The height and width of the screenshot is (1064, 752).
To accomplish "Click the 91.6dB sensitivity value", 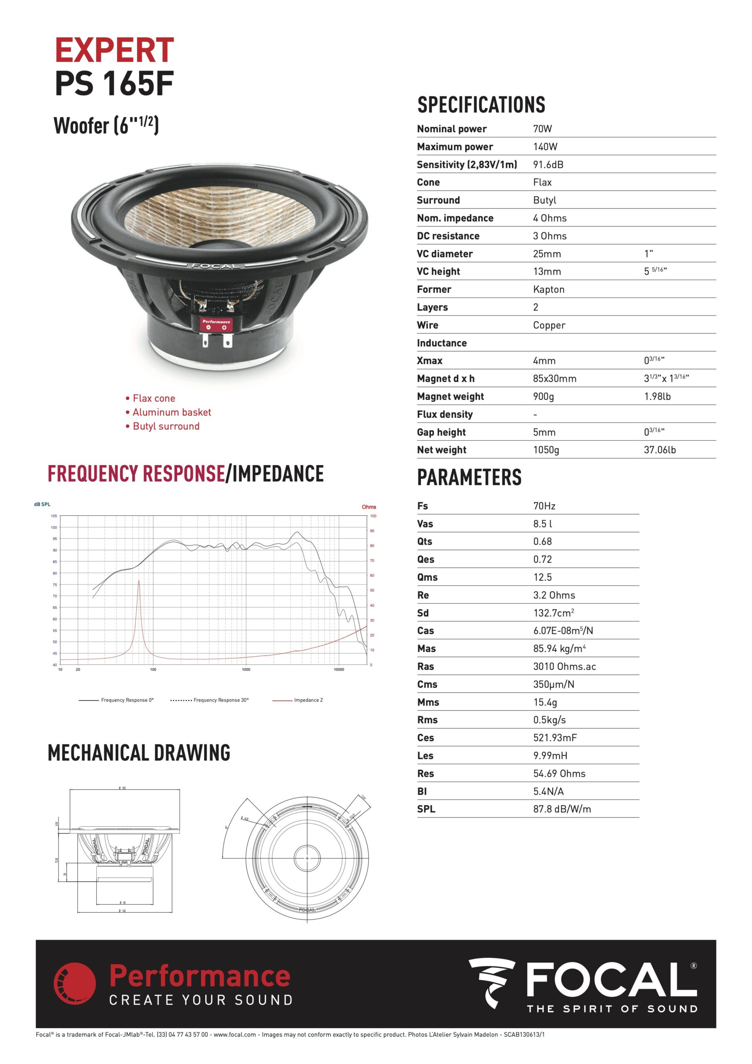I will [x=548, y=165].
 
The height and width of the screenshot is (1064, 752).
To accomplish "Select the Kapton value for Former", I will [x=548, y=289].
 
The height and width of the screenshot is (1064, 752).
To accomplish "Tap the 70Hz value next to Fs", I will [x=544, y=506].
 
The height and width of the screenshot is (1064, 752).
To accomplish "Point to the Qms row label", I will [x=427, y=577].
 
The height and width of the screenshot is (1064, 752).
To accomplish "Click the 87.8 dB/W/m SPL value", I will [x=562, y=809].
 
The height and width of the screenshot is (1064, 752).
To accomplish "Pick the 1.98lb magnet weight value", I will [x=657, y=396].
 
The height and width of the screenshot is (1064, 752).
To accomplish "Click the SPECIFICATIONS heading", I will [x=481, y=105].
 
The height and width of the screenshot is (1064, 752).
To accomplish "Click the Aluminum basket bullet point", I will [x=172, y=412].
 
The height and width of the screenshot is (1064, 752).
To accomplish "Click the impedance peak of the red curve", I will [x=138, y=581].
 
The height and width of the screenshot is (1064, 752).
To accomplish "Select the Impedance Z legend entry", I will [x=308, y=700].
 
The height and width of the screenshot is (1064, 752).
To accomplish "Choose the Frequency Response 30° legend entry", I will [x=221, y=700].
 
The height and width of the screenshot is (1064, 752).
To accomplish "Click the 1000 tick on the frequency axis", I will [x=246, y=670].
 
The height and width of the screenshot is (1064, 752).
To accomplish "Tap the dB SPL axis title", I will [x=42, y=504].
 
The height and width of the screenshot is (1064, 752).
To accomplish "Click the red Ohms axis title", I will [x=369, y=507].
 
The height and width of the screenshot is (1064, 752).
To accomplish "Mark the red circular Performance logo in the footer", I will [x=75, y=983].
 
